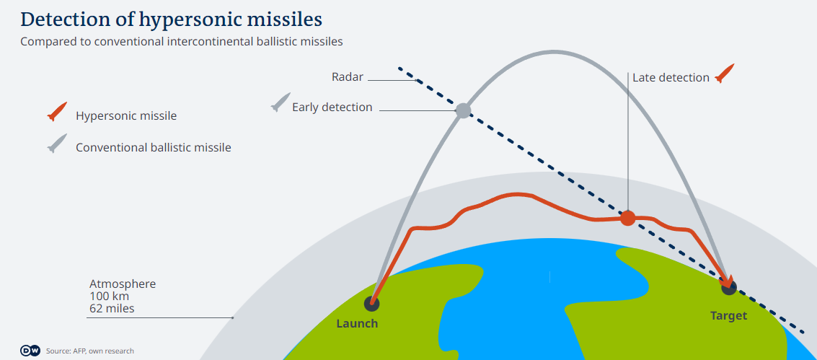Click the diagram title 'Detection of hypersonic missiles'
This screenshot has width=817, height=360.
172,19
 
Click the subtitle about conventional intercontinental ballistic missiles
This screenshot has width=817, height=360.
181,42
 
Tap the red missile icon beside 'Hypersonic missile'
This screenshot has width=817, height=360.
57,112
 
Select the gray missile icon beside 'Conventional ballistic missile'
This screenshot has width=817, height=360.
57,144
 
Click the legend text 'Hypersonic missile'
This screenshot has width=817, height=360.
126,115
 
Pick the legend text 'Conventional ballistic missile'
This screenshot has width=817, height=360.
153,147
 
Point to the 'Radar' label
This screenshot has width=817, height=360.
348,77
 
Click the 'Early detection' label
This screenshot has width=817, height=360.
332,107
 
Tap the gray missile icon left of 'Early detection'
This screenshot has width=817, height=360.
281,102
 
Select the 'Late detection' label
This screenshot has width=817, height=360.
671,78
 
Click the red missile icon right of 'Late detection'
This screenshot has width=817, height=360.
724,74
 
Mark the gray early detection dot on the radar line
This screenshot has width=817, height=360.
463,110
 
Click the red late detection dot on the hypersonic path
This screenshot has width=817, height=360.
628,219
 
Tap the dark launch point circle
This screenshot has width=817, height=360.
371,303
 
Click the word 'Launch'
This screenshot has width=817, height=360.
357,323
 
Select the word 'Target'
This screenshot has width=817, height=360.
729,316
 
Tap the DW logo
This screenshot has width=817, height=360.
30,351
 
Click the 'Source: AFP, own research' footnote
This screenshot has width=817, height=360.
89,351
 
